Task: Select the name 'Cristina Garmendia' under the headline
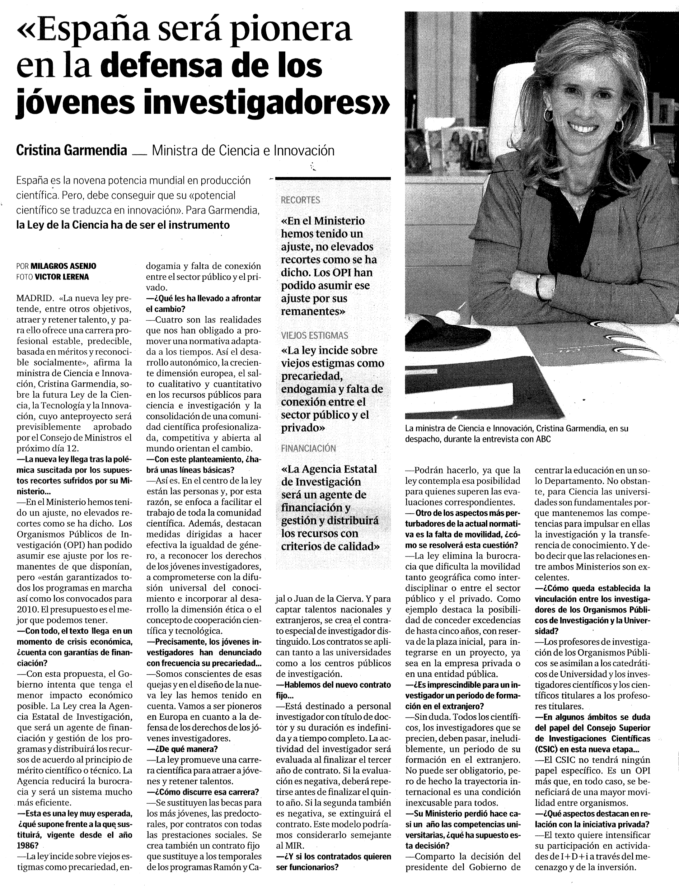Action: tap(71, 150)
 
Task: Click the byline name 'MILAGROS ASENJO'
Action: tap(64, 266)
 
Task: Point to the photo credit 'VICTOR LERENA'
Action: tap(62, 277)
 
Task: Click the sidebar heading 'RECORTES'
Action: tap(300, 200)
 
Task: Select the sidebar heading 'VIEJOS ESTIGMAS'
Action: tap(314, 335)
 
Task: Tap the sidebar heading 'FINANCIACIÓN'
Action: tap(308, 448)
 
